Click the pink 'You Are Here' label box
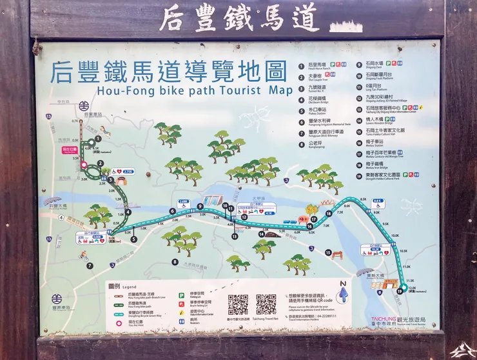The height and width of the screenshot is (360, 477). coord(69,150)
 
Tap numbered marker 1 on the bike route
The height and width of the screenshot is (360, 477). coord(98,139)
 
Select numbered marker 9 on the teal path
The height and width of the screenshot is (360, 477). coord(201,206)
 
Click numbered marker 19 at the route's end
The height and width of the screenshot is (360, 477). coord(400,291)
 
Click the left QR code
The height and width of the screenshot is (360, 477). coord(238,304)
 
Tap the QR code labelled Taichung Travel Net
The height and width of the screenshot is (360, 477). coord(266,304)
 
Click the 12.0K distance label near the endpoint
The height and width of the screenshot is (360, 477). coord(413,288)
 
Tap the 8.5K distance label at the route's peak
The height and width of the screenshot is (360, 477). coord(363,199)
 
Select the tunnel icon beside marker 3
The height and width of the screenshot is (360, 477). coord(118,180)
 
